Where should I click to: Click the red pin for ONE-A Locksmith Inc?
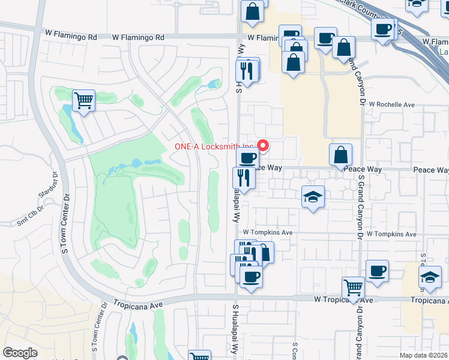click(x=263, y=145)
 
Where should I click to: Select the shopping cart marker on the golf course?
click(x=84, y=100)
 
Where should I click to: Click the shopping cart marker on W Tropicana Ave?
click(x=353, y=287)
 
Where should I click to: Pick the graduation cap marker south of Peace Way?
click(x=313, y=197)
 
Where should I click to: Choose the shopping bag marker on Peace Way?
click(x=340, y=154)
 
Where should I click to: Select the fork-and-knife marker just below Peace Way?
click(x=244, y=177)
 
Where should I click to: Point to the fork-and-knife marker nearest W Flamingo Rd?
click(x=247, y=70)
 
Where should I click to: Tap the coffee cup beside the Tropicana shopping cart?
click(x=377, y=271)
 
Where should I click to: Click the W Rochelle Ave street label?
click(x=392, y=104)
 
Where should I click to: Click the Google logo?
click(x=20, y=353)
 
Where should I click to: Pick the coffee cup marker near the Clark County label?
click(x=382, y=28)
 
